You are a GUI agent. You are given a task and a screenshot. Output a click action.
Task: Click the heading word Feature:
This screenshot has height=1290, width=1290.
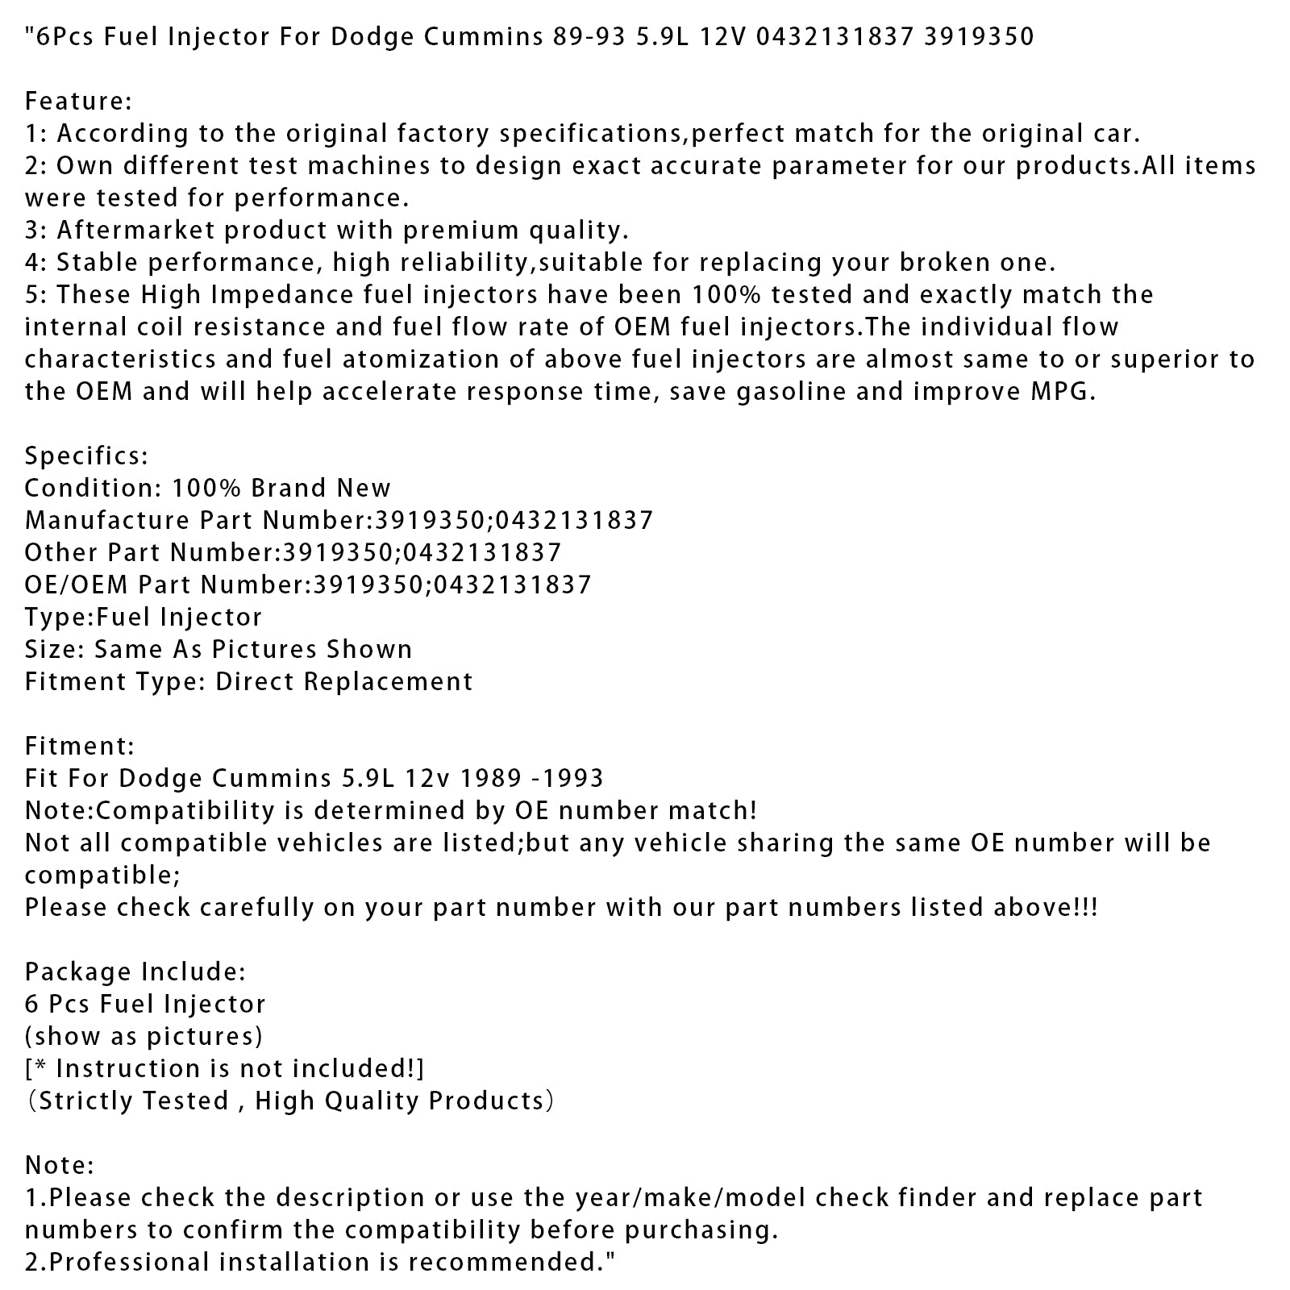tap(78, 102)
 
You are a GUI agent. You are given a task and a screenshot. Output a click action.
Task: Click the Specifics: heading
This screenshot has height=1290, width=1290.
tap(86, 456)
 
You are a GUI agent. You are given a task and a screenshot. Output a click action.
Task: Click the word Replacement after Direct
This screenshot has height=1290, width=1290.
tap(392, 682)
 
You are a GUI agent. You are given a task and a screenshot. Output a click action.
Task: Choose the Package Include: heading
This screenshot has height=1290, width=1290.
tap(135, 972)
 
